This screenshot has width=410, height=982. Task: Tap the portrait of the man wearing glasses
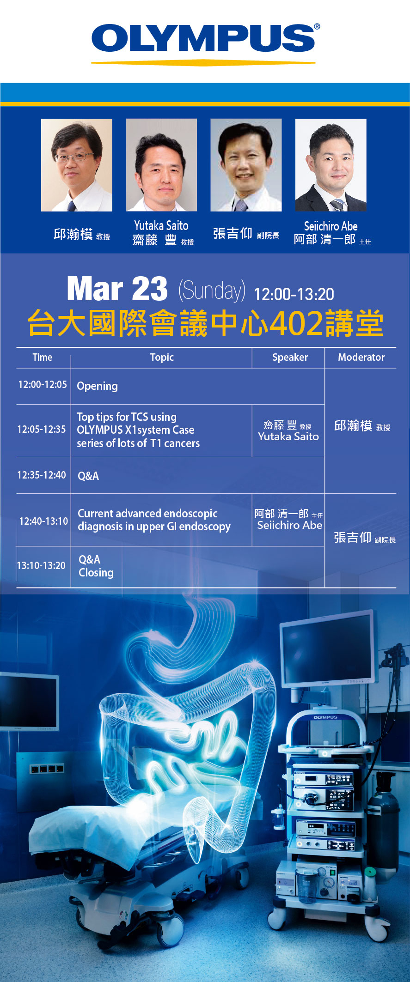pyautogui.click(x=77, y=165)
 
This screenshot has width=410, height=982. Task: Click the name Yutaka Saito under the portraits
pyautogui.click(x=161, y=225)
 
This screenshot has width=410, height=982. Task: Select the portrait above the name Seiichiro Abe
pyautogui.click(x=331, y=165)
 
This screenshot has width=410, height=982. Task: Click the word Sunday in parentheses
pyautogui.click(x=212, y=291)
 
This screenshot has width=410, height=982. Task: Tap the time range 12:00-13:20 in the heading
pyautogui.click(x=294, y=294)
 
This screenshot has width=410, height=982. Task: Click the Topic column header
pyautogui.click(x=162, y=357)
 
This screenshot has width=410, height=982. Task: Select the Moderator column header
pyautogui.click(x=361, y=357)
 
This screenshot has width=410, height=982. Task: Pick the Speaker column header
pyautogui.click(x=290, y=357)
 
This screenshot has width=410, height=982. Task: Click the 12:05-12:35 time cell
pyautogui.click(x=42, y=429)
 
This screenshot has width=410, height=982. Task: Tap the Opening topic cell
pyautogui.click(x=97, y=386)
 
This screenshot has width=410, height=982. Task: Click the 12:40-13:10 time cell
pyautogui.click(x=43, y=521)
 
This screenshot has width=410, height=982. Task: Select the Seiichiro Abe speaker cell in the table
pyautogui.click(x=289, y=519)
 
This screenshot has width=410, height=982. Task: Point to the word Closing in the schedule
pyautogui.click(x=96, y=573)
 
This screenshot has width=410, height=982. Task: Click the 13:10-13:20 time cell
pyautogui.click(x=41, y=565)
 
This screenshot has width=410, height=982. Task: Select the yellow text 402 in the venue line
pyautogui.click(x=296, y=323)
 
